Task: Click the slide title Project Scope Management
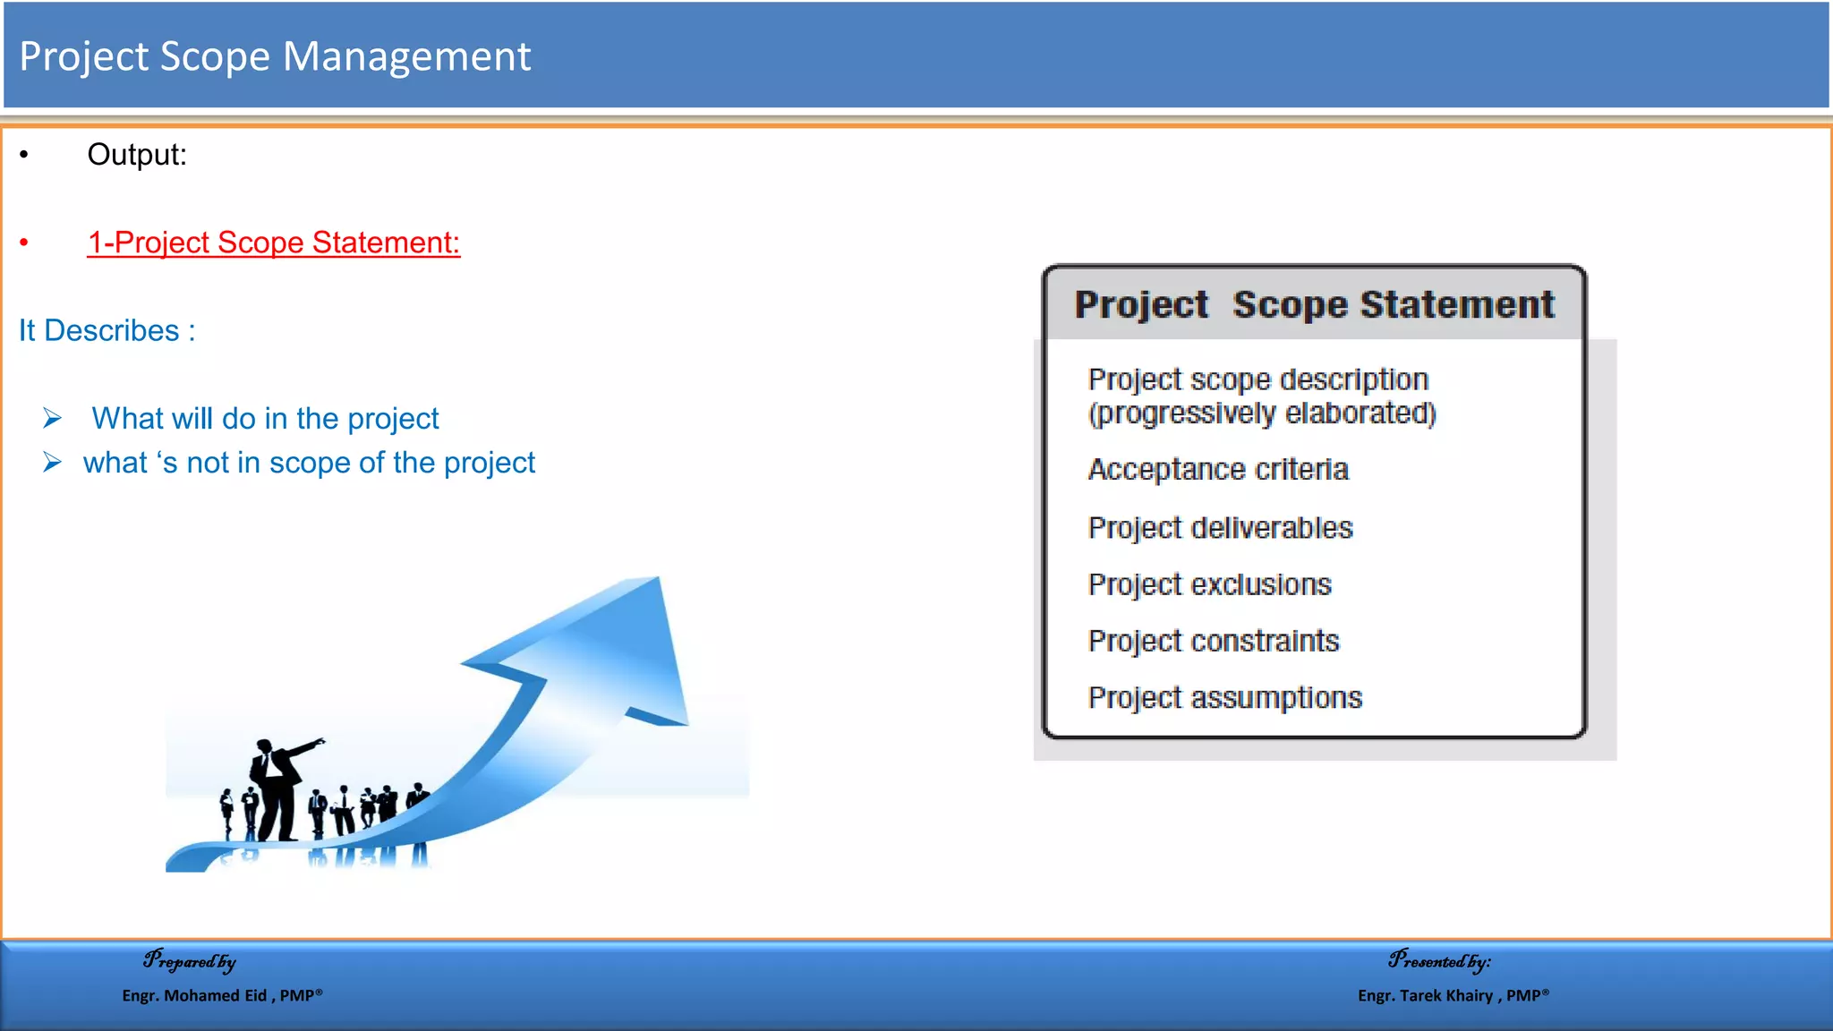[275, 56]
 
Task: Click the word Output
[136, 155]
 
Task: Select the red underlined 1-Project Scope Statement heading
[273, 243]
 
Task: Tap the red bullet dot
[24, 243]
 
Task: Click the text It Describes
[107, 330]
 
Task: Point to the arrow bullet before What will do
[53, 418]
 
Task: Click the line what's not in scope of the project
[309, 463]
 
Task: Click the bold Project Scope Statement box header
[1314, 305]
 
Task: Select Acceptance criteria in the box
[1217, 469]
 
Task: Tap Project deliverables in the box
[1220, 528]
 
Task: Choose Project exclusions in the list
[1209, 584]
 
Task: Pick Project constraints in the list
[1213, 641]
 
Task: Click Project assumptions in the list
[1224, 697]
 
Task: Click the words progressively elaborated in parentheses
[1262, 413]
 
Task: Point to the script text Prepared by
[190, 961]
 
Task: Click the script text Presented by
[1439, 961]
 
